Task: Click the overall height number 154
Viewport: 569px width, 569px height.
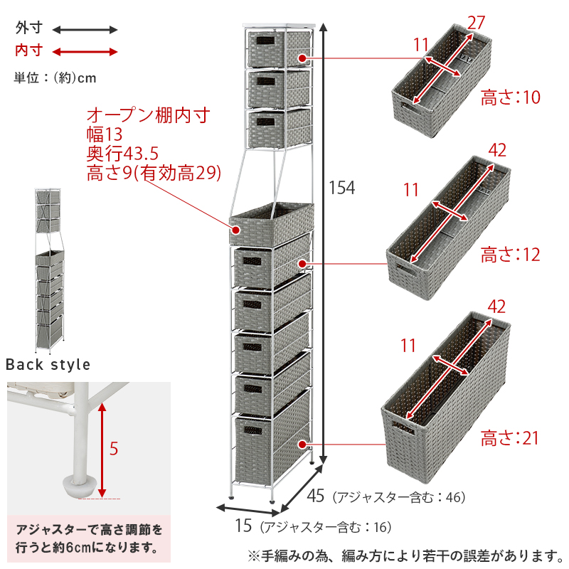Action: click(341, 188)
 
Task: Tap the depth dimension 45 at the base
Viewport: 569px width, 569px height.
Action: click(318, 496)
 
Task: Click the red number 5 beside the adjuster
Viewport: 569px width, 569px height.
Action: click(114, 449)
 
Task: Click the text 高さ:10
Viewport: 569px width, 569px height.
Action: click(511, 97)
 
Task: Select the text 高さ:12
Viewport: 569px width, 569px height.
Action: click(511, 254)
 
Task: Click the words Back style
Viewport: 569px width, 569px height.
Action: click(48, 365)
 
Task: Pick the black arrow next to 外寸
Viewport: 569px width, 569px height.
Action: click(85, 30)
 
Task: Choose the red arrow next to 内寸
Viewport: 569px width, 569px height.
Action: click(85, 51)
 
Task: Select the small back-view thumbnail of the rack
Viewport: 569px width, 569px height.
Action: click(48, 270)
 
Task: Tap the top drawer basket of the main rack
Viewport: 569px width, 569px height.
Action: click(278, 49)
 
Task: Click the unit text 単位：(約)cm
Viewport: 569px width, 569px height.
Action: click(55, 78)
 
